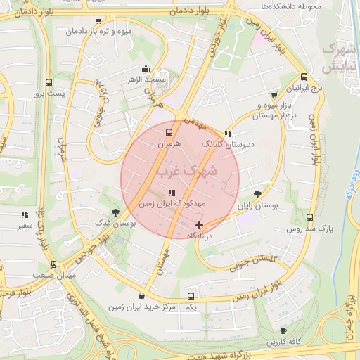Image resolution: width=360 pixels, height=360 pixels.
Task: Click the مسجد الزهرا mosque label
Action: click(x=146, y=79)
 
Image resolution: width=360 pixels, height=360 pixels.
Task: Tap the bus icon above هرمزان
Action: click(x=169, y=131)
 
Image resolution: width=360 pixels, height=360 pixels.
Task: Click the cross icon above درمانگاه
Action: click(x=200, y=226)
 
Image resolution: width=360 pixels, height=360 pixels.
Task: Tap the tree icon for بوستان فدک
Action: click(x=115, y=212)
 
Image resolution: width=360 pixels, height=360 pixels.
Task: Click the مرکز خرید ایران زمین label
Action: click(x=143, y=307)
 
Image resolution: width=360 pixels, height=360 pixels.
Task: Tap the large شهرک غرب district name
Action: click(x=187, y=171)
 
